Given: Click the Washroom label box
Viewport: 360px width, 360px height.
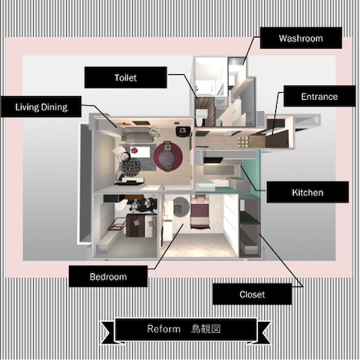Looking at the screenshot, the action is pos(301,38).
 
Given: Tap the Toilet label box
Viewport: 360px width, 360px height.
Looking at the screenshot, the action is pos(125,77).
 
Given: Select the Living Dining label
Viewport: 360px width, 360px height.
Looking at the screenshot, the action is pos(41,107).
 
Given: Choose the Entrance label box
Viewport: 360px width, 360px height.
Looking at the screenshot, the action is pos(319,96).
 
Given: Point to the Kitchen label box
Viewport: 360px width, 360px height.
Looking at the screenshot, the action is pos(307,192).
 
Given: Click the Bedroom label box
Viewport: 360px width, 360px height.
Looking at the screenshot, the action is pos(108,277).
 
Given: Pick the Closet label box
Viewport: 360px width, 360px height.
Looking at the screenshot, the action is pos(252,294).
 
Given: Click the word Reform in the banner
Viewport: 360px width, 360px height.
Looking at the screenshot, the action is pos(163,328).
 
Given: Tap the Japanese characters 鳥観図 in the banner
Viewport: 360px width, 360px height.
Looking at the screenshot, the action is pos(206,329).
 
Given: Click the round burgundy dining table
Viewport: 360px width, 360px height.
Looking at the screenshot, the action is pos(168,157).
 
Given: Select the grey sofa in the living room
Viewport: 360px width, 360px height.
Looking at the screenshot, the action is pos(137,135).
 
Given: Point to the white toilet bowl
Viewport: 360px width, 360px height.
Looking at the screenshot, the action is pos(200,117).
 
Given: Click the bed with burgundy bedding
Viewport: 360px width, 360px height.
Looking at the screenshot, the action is pos(199,211).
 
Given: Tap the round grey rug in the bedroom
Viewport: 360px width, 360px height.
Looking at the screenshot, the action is pos(181,206).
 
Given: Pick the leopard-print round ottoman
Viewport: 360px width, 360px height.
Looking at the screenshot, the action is pos(130,166).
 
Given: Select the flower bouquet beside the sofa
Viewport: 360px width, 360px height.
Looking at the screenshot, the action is pos(154,131).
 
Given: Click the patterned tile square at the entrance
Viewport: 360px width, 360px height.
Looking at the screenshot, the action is pos(243,142).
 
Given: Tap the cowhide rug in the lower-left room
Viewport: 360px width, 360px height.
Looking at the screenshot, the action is pos(140,204).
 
